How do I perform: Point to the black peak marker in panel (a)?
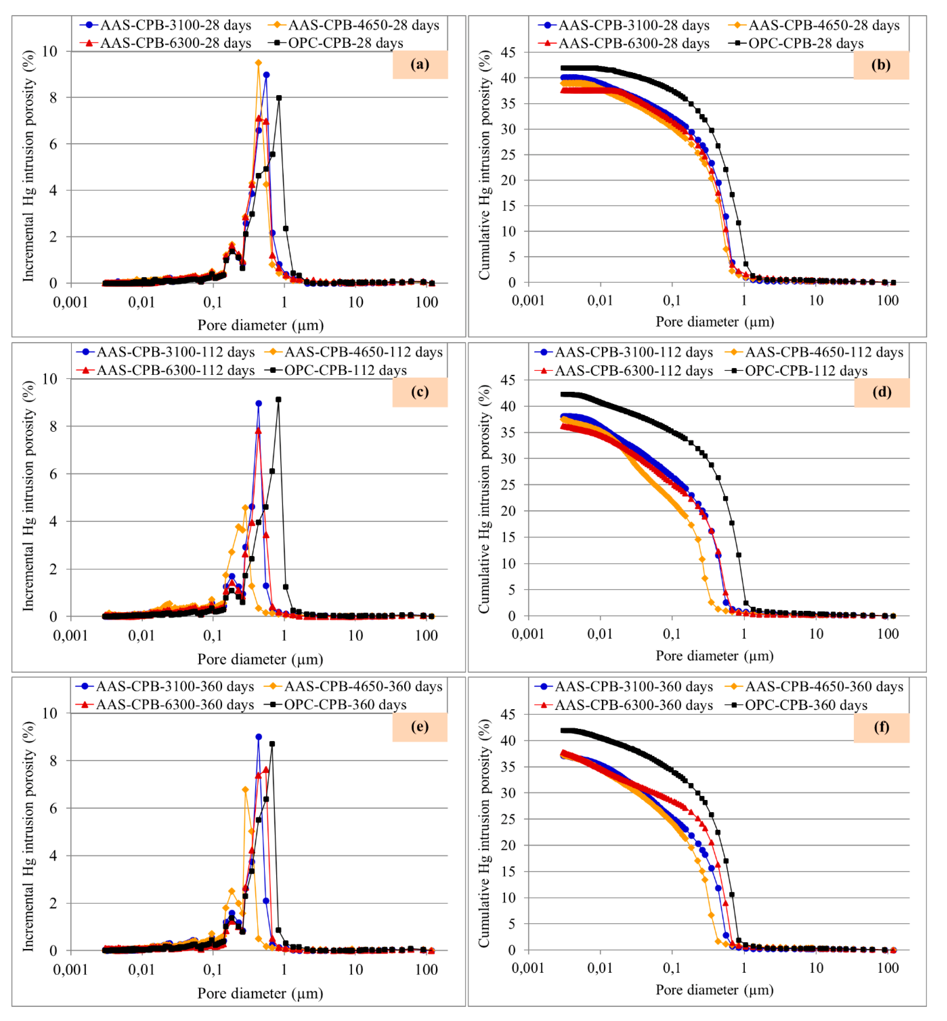279,98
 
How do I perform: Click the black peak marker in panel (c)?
278,400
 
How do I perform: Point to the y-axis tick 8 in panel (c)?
53,426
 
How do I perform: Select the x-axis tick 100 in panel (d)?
888,634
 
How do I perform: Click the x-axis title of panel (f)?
714,990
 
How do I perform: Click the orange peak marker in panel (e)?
245,790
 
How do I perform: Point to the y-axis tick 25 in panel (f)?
508,819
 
